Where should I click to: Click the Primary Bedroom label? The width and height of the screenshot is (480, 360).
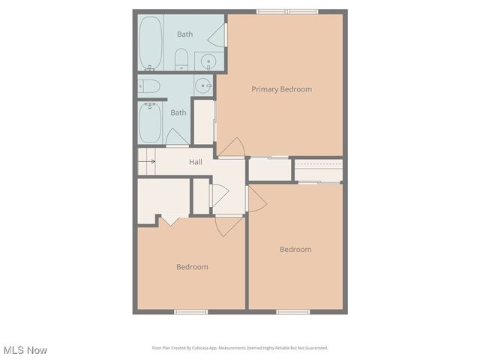(281, 89)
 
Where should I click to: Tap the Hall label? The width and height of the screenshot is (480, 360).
(195, 162)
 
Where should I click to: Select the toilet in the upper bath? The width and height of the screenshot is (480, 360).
(181, 58)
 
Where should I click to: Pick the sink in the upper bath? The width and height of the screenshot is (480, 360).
(207, 61)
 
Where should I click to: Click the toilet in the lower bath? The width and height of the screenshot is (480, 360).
(148, 86)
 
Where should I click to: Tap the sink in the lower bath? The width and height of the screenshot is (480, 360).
(203, 86)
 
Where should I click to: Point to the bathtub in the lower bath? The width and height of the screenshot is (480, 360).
(150, 122)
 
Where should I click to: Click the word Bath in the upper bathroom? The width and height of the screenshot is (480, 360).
(184, 34)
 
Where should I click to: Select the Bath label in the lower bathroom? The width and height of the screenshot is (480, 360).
(178, 113)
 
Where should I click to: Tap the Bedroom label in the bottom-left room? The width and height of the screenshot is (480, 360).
(192, 267)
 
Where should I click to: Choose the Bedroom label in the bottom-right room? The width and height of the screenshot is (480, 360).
(295, 250)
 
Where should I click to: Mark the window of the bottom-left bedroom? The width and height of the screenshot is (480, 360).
(190, 311)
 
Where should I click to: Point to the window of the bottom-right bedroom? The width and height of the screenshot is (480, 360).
(292, 311)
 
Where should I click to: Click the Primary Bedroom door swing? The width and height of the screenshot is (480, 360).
(233, 148)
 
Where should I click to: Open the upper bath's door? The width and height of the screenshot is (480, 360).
(218, 34)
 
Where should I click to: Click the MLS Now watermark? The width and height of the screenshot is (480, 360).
(25, 350)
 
